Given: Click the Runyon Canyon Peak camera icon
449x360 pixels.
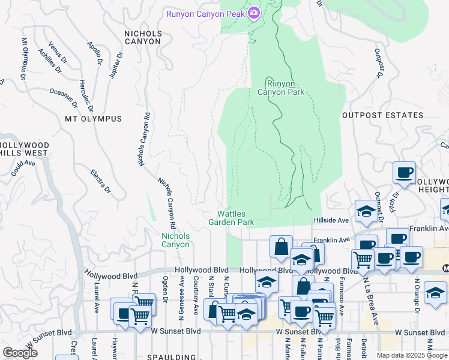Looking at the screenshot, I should pos(253,13).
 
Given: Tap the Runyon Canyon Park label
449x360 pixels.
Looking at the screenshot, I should pos(281,88).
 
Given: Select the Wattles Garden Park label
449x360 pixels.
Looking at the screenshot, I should pos(232,218).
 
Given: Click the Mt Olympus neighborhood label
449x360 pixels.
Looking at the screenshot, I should pos(93,119).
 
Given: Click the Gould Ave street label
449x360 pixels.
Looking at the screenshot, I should pos(23,167).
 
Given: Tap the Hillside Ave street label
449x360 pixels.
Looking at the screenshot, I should pos(331,221).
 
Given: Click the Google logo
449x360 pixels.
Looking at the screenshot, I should pos(20,353).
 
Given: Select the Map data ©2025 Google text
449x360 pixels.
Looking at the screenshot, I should pos(412,355).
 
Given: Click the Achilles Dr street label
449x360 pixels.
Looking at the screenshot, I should pos(50,61).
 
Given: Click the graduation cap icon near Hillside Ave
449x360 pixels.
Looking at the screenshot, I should pos(365,211).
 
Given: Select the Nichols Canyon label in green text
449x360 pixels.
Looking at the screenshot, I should pos(175,240).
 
